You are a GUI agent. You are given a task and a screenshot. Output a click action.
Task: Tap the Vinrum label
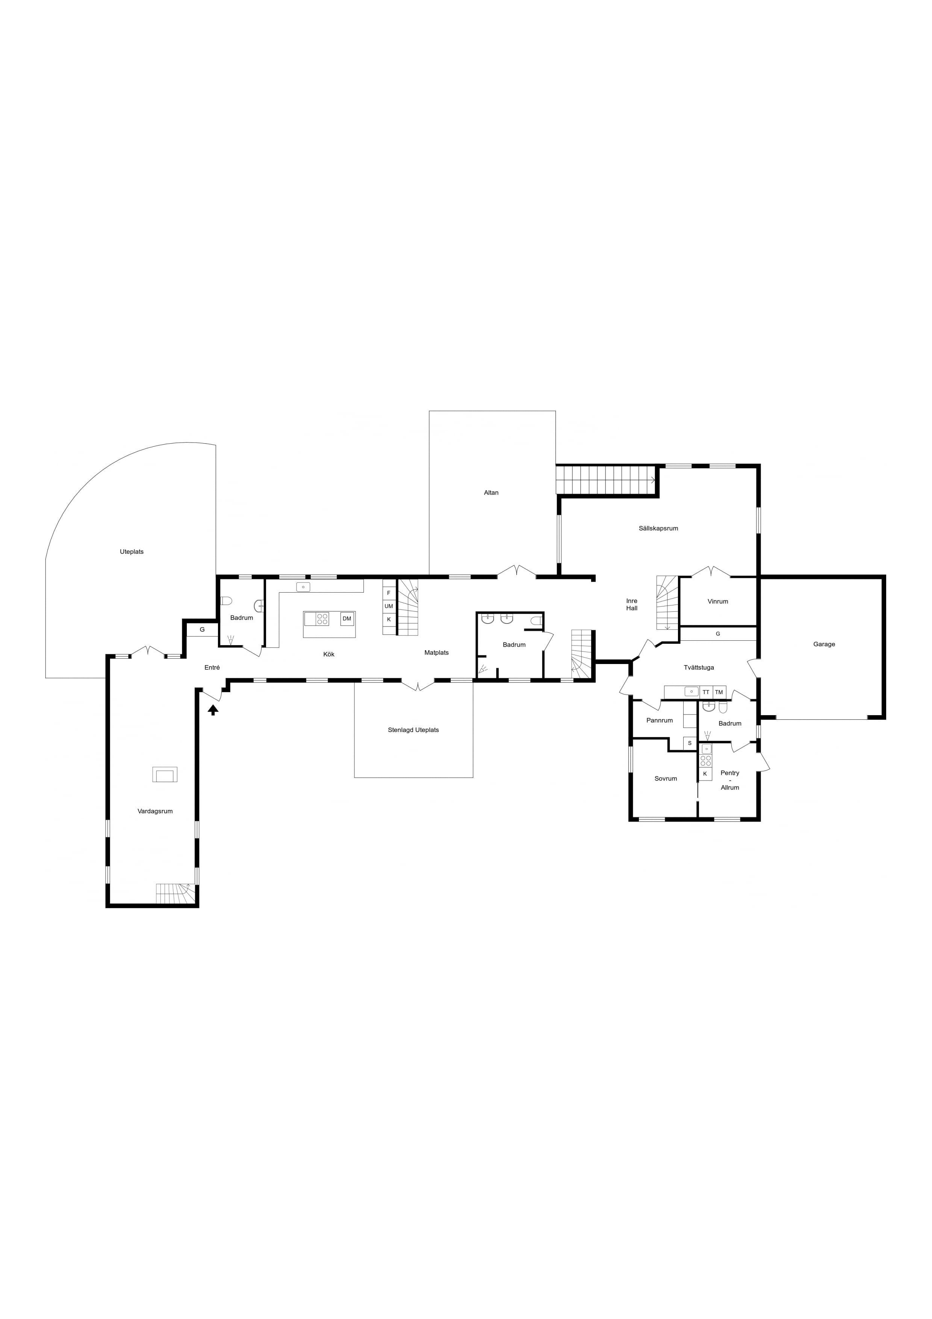717,602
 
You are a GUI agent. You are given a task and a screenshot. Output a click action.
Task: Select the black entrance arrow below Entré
213,710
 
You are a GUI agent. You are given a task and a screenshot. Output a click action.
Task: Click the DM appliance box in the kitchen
347,619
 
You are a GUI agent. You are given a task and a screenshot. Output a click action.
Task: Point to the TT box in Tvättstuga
706,692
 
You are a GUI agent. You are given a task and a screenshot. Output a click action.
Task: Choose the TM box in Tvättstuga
719,692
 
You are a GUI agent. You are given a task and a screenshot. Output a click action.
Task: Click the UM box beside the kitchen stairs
389,606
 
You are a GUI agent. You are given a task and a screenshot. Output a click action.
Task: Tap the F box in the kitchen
389,593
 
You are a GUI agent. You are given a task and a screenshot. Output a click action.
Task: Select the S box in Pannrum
690,743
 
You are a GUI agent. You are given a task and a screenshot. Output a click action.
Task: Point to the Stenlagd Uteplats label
413,730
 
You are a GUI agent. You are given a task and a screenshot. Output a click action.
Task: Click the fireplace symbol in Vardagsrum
165,775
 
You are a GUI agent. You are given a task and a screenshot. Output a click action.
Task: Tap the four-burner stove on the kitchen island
322,619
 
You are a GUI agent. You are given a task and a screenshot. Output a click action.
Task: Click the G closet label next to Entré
202,630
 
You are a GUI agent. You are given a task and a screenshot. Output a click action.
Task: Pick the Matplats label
436,653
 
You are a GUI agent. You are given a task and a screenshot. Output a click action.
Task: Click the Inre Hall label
632,604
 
